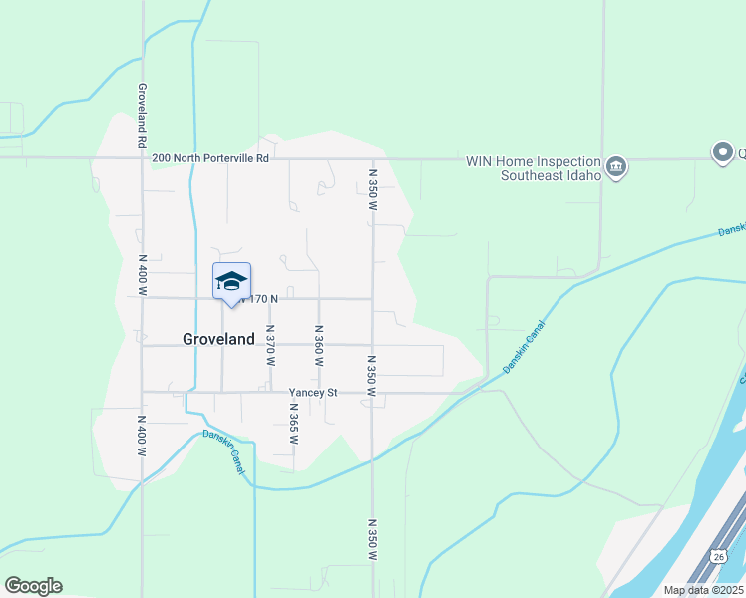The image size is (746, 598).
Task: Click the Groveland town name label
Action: click(218, 339)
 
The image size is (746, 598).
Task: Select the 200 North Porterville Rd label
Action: click(210, 157)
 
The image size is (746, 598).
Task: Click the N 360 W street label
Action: click(319, 345)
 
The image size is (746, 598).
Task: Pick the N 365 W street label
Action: click(294, 423)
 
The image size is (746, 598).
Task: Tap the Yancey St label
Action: click(313, 393)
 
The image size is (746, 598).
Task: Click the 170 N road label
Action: click(261, 298)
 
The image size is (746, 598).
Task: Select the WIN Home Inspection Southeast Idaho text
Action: click(534, 168)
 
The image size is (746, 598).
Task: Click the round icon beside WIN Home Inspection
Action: click(616, 166)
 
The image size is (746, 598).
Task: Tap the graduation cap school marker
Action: click(231, 281)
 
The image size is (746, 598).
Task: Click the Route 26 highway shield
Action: click(718, 555)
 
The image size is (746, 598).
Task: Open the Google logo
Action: click(33, 586)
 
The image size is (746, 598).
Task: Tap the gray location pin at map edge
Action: click(722, 151)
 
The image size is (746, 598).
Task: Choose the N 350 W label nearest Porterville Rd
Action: click(372, 193)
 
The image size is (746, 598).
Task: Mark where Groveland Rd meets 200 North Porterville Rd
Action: click(143, 157)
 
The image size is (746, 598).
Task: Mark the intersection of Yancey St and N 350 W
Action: click(372, 393)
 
